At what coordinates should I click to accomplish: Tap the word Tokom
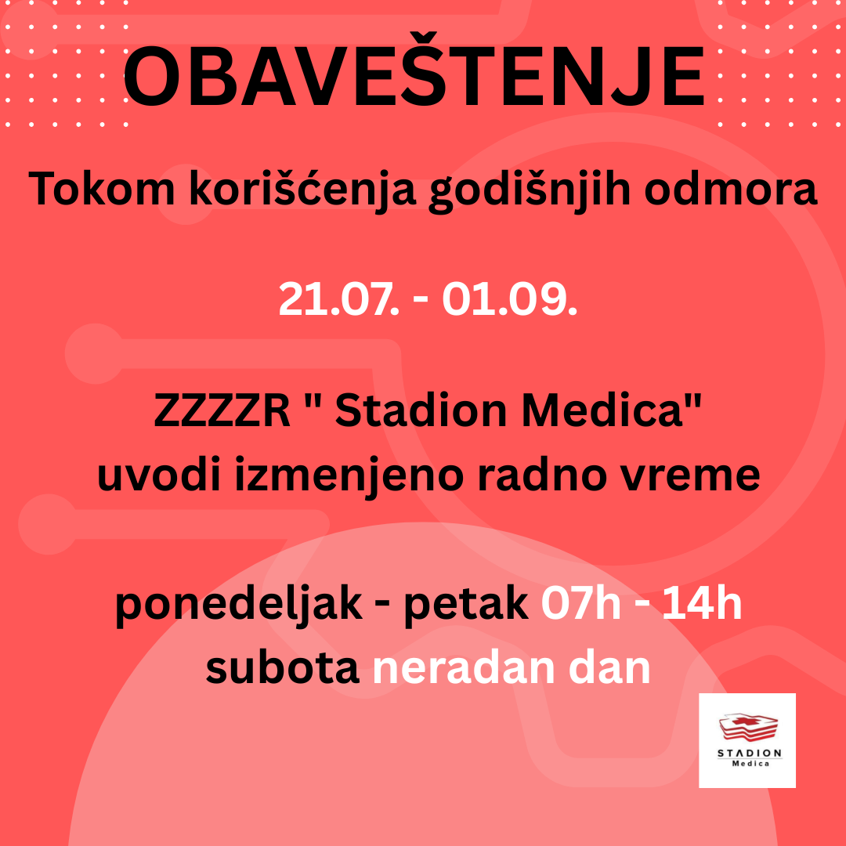(102, 189)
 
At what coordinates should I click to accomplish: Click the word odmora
(731, 189)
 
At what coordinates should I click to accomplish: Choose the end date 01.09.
(510, 299)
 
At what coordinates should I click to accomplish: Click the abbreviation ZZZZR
(222, 410)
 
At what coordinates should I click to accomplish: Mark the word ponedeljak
(238, 605)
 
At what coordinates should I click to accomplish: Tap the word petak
(466, 606)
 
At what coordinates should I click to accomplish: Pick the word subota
(283, 668)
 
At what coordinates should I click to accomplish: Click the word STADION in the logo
(750, 753)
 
